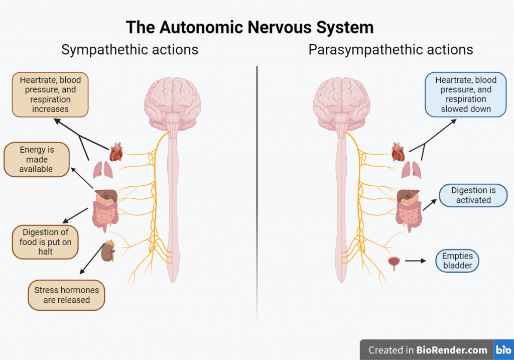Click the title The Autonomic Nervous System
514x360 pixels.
point(249,27)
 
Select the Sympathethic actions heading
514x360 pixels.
point(130,50)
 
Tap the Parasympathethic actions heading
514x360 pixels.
point(391,50)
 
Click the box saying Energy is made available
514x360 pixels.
point(36,160)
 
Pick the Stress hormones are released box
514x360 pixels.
point(66,295)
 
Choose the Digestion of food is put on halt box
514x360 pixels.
point(46,242)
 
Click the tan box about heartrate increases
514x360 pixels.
point(50,94)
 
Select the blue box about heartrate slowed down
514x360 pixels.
point(466,94)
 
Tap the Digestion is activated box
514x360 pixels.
point(473,195)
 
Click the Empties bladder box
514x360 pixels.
point(457,261)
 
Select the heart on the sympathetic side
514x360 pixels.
point(116,151)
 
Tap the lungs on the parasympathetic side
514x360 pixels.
point(411,170)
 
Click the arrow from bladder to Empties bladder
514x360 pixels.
point(415,261)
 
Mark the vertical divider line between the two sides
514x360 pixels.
point(257,191)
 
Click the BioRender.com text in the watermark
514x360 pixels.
point(452,350)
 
